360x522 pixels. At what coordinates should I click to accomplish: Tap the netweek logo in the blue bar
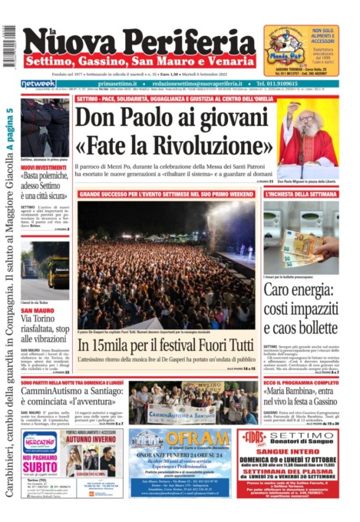tap(38, 83)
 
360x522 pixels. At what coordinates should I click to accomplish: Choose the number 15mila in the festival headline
tap(106, 345)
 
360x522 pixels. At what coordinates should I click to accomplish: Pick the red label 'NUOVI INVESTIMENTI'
tap(44, 167)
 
